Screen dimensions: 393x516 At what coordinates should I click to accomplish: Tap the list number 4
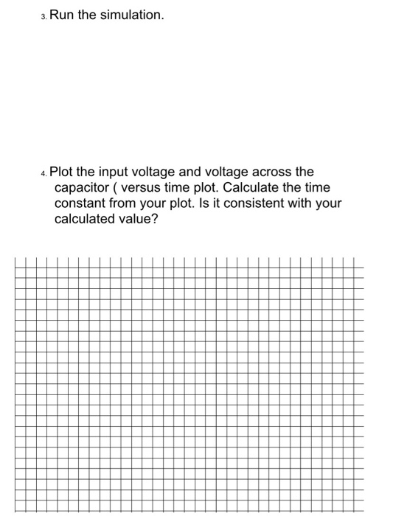(x=44, y=173)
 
